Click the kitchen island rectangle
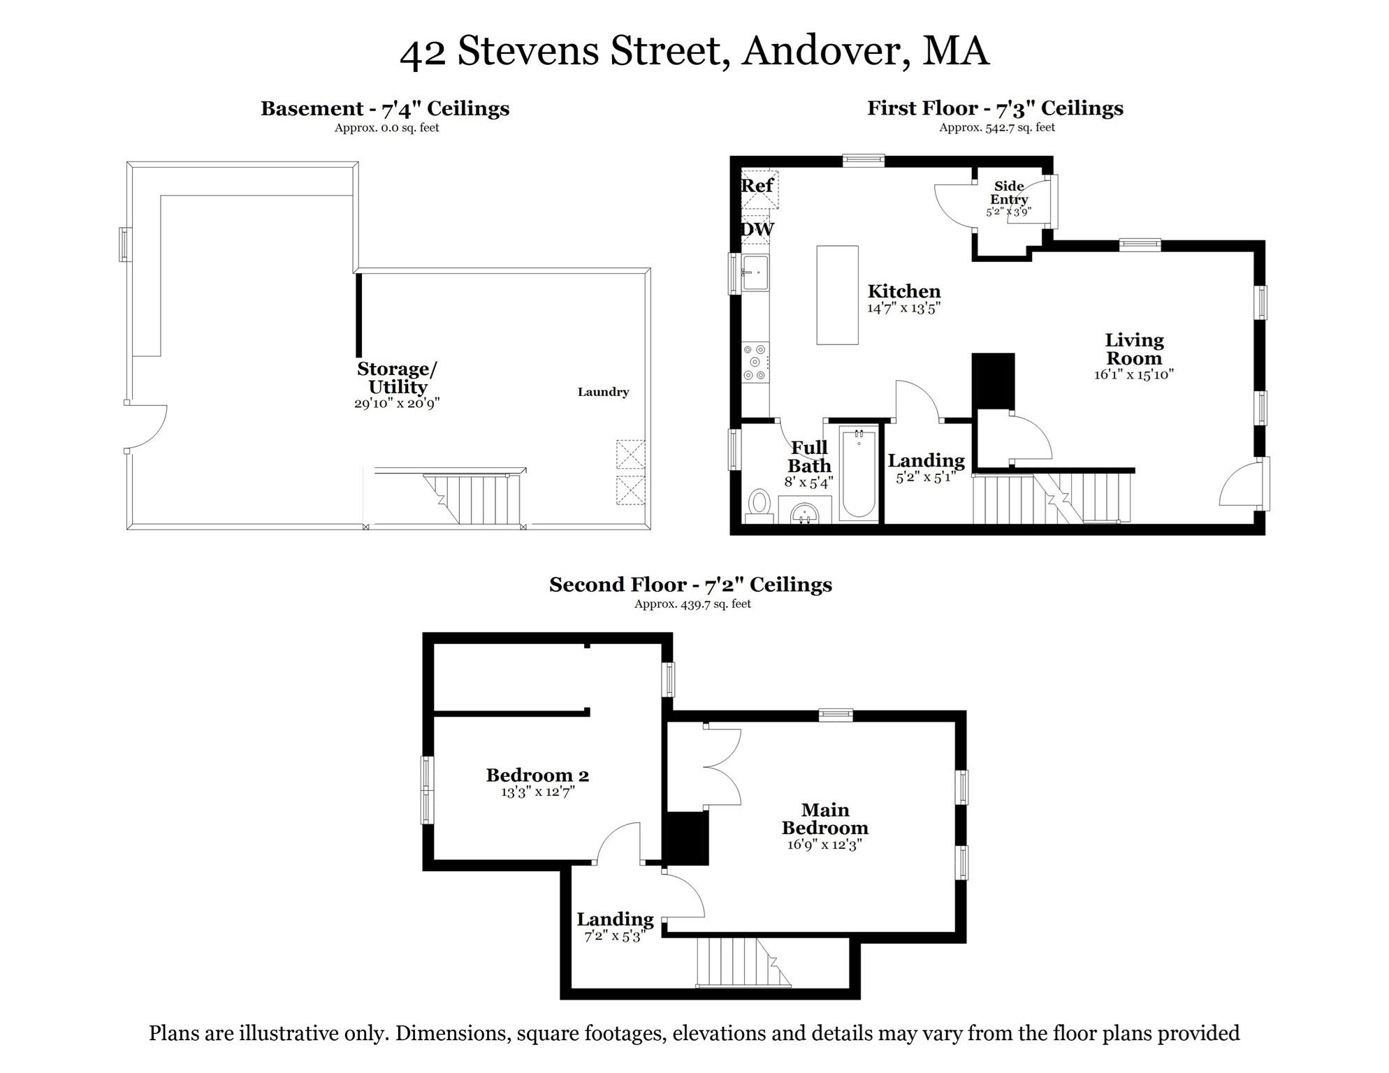tap(837, 295)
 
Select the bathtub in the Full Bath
tap(859, 474)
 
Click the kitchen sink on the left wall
tap(755, 272)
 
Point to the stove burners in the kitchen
tap(755, 362)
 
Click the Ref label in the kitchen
tap(757, 186)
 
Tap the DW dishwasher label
tap(757, 229)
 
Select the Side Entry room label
tap(1008, 193)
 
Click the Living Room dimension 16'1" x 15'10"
tap(1133, 375)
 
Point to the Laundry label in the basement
tap(603, 393)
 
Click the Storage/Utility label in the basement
tap(397, 378)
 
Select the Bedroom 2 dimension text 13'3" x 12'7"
tap(537, 792)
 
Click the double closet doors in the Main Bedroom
tap(723, 766)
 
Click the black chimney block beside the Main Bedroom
tap(688, 838)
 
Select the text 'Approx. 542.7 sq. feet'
tap(996, 128)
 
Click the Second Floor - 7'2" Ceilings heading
tap(690, 585)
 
